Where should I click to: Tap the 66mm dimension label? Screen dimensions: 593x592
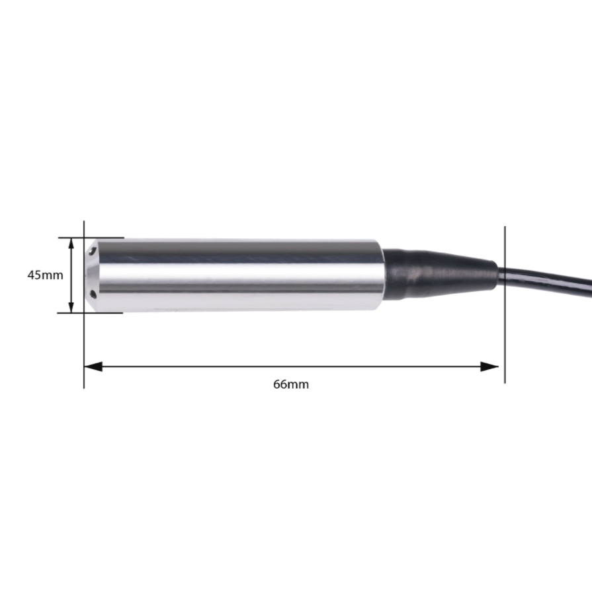[x=291, y=384]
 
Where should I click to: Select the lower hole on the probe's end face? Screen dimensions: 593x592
[x=93, y=293]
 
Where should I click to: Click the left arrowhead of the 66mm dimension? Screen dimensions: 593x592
[x=92, y=366]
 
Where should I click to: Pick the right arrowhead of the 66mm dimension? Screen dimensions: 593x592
[x=490, y=366]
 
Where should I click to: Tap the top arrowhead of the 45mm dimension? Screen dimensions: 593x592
[x=71, y=244]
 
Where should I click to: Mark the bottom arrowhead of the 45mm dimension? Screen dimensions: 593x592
[x=71, y=306]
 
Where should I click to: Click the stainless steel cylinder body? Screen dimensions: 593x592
[x=238, y=275]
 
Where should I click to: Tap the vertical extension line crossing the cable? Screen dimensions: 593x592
[x=505, y=318]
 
